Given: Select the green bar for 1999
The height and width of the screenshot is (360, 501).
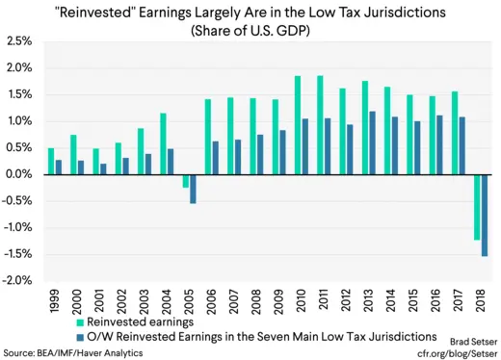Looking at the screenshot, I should (x=51, y=161).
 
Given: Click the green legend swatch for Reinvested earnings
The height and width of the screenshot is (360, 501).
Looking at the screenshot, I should (x=79, y=322).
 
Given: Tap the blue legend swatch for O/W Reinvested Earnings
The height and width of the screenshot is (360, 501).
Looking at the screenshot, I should (x=79, y=336).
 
